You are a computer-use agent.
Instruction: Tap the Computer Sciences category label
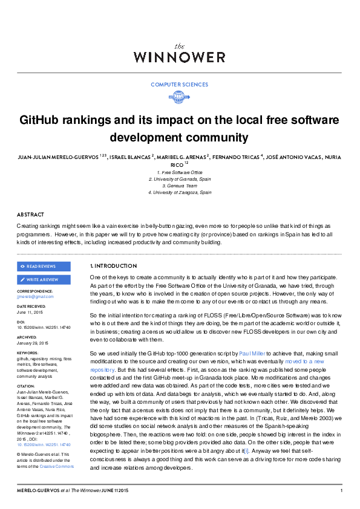tap(180, 85)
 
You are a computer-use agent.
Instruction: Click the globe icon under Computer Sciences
tap(180, 97)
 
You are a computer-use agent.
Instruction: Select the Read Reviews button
tap(44, 266)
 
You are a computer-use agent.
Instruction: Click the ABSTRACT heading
tap(30, 215)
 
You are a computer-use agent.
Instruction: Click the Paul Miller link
tap(252, 352)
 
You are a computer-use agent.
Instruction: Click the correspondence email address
tap(35, 296)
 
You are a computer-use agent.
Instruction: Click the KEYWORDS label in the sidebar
tap(28, 352)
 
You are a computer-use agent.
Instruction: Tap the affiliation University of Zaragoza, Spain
tap(180, 192)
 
